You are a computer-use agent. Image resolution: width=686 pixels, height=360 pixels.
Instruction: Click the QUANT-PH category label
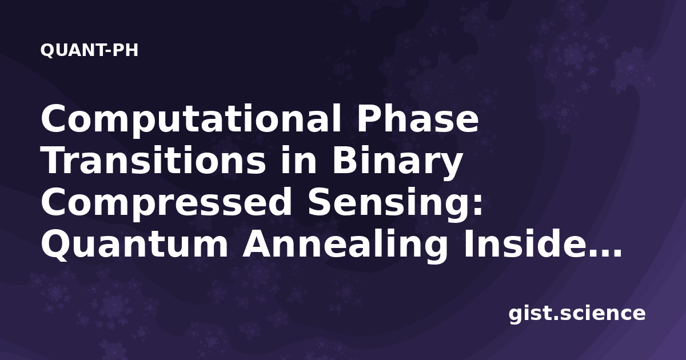point(89,50)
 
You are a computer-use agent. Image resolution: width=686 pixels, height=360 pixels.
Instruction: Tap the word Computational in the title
point(191,119)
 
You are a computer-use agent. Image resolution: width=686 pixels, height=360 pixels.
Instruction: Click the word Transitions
point(154,161)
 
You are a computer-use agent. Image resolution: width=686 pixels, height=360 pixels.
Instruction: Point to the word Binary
point(397,162)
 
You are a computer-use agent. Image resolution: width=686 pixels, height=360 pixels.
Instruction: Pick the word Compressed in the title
point(166,203)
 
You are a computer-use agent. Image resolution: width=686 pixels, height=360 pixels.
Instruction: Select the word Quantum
point(135,245)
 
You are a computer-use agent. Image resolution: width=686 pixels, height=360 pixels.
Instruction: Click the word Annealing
point(345,246)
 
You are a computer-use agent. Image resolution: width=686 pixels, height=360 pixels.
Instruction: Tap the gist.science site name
point(577,314)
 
